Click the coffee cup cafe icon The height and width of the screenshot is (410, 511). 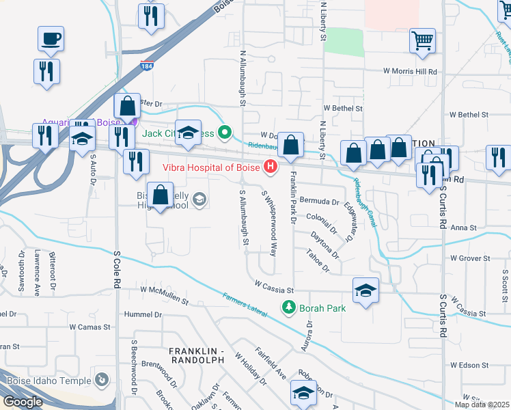click(x=51, y=38)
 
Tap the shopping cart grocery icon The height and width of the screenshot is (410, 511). click(x=422, y=40)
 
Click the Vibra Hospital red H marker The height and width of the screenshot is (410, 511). click(x=271, y=166)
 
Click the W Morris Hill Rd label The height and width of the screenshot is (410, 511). click(x=409, y=71)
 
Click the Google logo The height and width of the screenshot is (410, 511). click(x=23, y=402)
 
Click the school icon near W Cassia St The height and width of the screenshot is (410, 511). click(x=365, y=290)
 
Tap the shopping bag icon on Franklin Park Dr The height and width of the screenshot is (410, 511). click(x=292, y=146)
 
